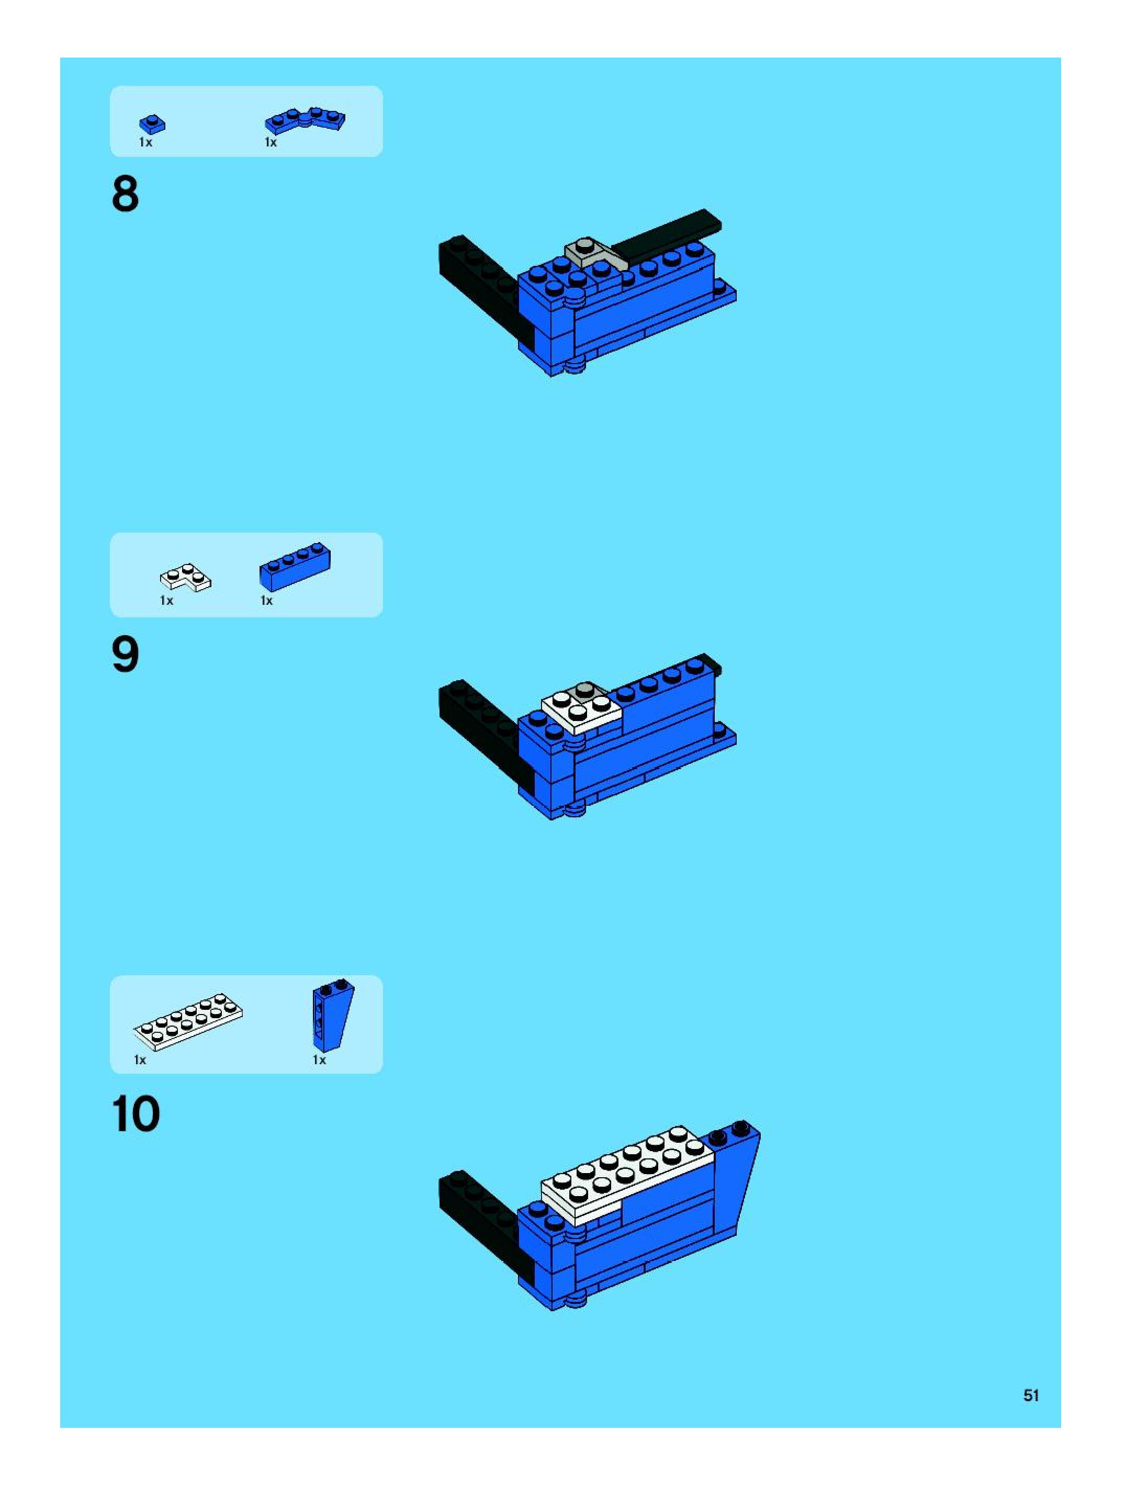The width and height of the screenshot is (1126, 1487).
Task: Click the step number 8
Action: pyautogui.click(x=126, y=194)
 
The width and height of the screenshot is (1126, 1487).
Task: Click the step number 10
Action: pyautogui.click(x=137, y=1114)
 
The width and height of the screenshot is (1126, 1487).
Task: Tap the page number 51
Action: pyautogui.click(x=1031, y=1395)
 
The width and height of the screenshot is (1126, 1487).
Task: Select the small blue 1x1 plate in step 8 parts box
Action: pyautogui.click(x=153, y=123)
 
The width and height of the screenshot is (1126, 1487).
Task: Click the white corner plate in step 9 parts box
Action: pyautogui.click(x=185, y=578)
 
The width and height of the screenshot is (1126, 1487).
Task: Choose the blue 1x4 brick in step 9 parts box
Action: pyautogui.click(x=295, y=566)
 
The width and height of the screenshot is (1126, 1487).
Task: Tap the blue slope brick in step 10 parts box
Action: pyautogui.click(x=332, y=1016)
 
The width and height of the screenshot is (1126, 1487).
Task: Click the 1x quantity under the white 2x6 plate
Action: pyautogui.click(x=140, y=1060)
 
